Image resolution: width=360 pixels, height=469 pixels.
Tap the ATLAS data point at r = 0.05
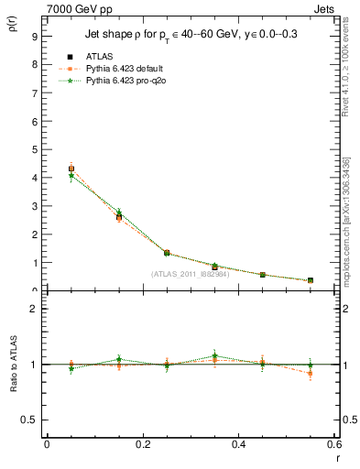pyautogui.click(x=71, y=169)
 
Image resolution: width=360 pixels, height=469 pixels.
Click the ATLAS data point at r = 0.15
pyautogui.click(x=119, y=216)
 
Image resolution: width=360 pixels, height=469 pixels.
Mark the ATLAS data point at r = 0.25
pyautogui.click(x=167, y=252)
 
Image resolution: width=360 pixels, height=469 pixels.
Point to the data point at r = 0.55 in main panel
pyautogui.click(x=311, y=280)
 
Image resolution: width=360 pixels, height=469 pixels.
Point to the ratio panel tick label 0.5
pyautogui.click(x=30, y=420)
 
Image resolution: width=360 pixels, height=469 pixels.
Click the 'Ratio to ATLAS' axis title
pyautogui.click(x=12, y=364)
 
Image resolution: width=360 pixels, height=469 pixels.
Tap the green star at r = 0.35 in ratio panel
pyautogui.click(x=214, y=355)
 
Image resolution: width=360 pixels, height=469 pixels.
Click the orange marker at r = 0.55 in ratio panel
pyautogui.click(x=311, y=373)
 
